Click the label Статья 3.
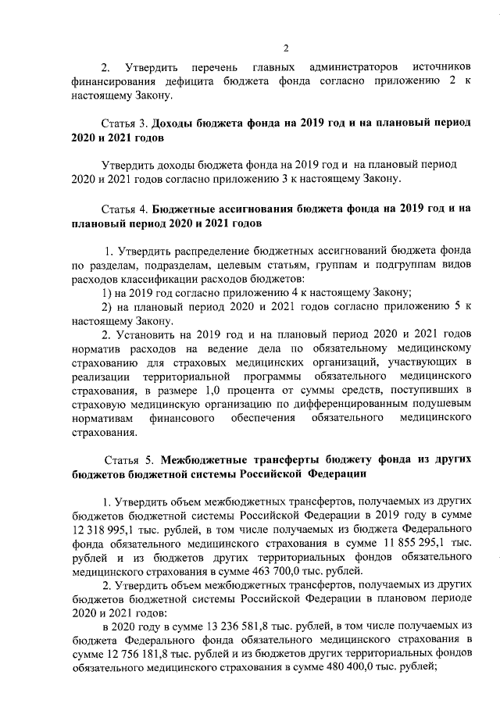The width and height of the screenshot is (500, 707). click(125, 124)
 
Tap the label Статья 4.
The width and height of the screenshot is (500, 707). click(125, 209)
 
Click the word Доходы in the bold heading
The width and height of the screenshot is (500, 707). click(173, 124)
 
